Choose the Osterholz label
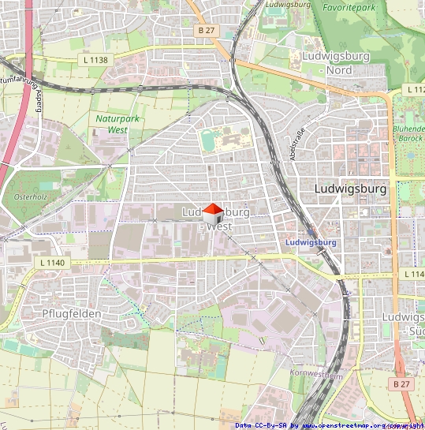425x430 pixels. [31, 196]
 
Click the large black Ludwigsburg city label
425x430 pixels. [350, 189]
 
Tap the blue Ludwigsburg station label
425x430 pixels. [311, 242]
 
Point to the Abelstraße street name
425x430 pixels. [297, 145]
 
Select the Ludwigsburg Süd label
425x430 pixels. [403, 323]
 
